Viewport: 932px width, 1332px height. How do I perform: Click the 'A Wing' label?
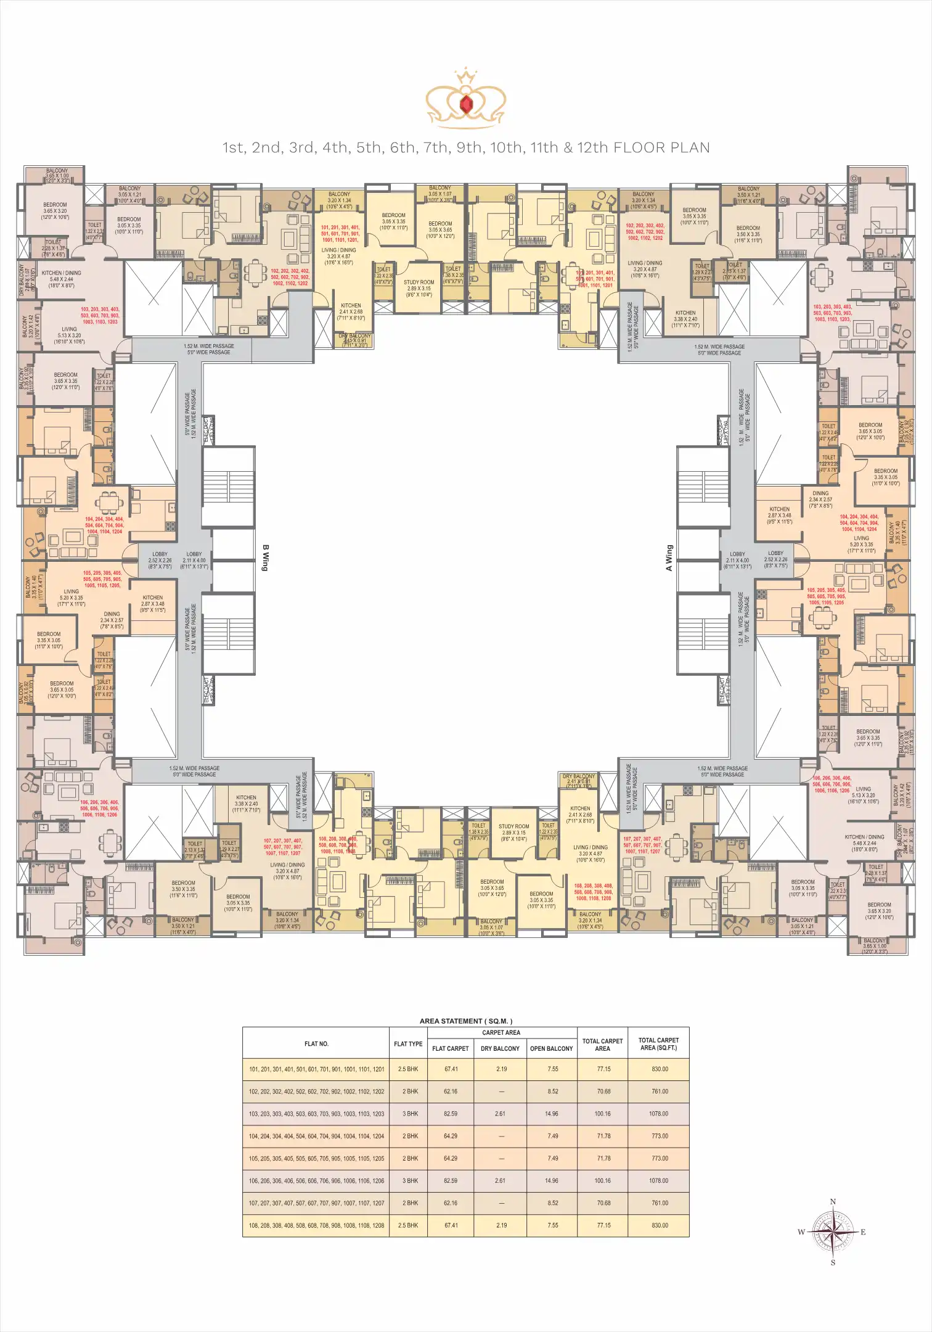pos(669,557)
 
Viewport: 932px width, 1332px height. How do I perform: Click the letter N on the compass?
pos(833,1202)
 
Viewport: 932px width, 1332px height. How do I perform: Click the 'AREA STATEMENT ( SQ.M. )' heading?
pos(465,1021)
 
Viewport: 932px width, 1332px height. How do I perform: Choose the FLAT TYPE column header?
pos(408,1044)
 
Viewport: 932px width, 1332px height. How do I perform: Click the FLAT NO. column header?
pos(316,1044)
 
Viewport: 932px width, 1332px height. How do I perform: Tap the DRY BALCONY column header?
pos(501,1048)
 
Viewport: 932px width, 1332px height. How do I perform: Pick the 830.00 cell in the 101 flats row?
pos(660,1069)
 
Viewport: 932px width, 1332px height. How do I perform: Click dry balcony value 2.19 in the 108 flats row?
pos(501,1225)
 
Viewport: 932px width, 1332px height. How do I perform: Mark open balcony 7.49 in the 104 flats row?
pos(552,1136)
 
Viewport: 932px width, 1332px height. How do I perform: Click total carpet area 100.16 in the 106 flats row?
pos(602,1181)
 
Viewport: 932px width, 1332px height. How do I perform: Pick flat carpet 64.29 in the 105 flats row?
pos(451,1158)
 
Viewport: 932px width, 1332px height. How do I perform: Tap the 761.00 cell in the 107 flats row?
pos(660,1203)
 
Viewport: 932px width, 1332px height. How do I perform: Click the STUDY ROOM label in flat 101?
pos(419,282)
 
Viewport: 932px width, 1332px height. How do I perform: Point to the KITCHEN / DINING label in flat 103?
pos(61,273)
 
